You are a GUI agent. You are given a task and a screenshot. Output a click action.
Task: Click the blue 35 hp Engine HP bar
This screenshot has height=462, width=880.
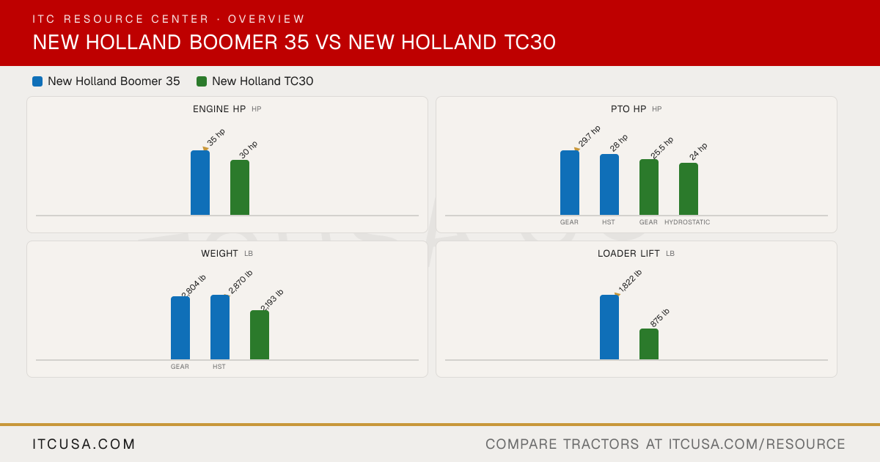[x=200, y=183]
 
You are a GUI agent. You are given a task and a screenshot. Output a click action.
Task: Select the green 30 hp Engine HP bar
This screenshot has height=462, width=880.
[x=240, y=188]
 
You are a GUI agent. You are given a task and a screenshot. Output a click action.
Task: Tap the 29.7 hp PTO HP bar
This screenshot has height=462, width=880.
[x=570, y=183]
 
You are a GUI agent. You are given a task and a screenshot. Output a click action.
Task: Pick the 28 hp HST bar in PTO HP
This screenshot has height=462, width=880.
[x=609, y=184]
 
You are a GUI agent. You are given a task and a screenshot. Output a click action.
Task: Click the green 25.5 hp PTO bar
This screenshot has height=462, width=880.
[x=649, y=187]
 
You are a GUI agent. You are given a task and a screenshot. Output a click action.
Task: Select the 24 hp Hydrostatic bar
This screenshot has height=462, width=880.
[x=689, y=189]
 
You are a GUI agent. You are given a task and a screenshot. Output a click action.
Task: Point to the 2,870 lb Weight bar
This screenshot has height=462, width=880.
[x=220, y=327]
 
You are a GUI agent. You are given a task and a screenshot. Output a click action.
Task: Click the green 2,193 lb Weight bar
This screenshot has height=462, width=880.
[x=260, y=334]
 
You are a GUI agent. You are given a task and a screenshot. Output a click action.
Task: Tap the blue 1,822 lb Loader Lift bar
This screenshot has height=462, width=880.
[x=609, y=327]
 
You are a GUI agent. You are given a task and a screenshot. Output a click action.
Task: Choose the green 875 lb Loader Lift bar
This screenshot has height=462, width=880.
[x=649, y=344]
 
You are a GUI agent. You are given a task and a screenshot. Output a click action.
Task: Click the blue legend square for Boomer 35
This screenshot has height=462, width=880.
[x=37, y=81]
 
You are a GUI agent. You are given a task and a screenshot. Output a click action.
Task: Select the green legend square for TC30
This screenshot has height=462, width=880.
[x=202, y=81]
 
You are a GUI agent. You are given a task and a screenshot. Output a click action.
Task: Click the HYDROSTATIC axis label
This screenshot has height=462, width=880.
[x=687, y=222]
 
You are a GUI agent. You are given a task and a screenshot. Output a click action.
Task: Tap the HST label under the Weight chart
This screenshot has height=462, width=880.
[x=219, y=367]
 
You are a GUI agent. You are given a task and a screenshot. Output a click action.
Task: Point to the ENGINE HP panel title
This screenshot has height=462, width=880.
[x=219, y=109]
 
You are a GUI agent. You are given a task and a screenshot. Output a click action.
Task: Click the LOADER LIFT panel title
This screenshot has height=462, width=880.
[x=628, y=254]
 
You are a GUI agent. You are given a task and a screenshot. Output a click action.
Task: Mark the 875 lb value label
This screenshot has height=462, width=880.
[x=659, y=318]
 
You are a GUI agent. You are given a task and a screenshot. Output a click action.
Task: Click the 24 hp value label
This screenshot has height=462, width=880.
[x=698, y=152]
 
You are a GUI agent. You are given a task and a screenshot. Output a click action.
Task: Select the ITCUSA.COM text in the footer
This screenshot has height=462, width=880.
[x=84, y=444]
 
